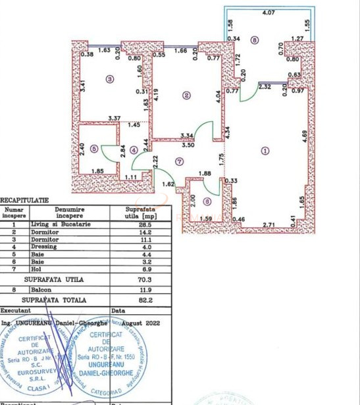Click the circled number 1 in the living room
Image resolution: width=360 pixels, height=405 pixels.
265,150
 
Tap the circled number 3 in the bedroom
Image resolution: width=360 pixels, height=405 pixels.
110,80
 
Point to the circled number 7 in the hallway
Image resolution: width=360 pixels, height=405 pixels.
179,161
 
